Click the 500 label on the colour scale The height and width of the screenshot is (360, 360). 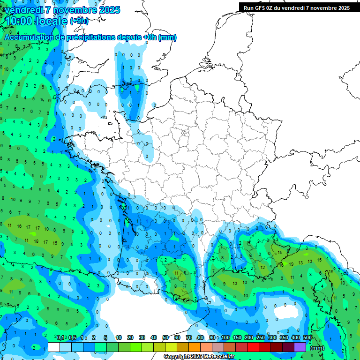[307, 337]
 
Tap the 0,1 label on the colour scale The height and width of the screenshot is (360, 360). [60, 337]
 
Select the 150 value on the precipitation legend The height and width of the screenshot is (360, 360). [237, 337]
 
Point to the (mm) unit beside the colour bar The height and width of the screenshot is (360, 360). [317, 348]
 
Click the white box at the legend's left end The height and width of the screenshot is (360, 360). [54, 347]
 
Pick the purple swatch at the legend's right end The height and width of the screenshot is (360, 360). [300, 347]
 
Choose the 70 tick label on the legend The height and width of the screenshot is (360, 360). [189, 337]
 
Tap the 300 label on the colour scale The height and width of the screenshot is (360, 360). [272, 337]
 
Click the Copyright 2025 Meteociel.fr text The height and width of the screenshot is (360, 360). [199, 357]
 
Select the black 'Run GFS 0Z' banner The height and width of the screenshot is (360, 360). [297, 8]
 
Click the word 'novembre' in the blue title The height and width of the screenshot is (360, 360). [75, 10]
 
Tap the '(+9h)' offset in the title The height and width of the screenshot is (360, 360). [79, 21]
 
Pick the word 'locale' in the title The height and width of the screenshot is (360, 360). [52, 21]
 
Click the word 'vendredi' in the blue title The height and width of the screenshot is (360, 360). [23, 10]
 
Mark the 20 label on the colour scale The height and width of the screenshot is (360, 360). [130, 337]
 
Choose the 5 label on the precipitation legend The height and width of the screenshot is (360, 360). [106, 337]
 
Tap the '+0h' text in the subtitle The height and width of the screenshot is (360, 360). [150, 37]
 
